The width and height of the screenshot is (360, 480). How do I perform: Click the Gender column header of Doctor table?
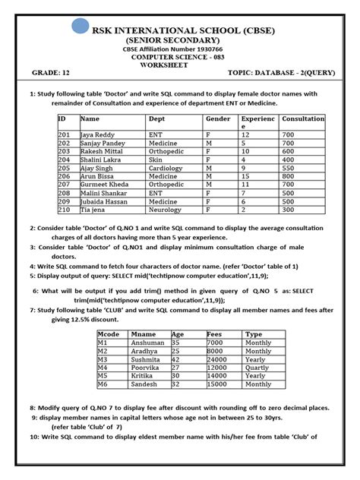click(x=218, y=119)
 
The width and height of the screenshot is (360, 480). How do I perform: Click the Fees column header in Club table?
click(x=214, y=333)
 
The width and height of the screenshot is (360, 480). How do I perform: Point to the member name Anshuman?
click(x=148, y=343)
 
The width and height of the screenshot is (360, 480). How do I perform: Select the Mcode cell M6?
click(x=104, y=385)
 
